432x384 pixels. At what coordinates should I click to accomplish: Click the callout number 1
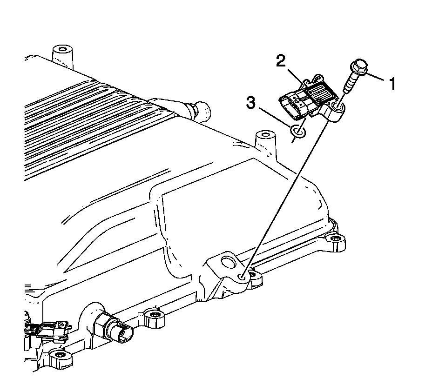393,84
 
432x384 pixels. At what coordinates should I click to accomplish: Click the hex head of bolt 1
359,68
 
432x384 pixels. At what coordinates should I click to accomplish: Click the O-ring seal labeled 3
297,132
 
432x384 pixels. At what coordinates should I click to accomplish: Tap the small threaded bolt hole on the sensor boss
242,277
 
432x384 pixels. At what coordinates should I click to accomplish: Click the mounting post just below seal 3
263,139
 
